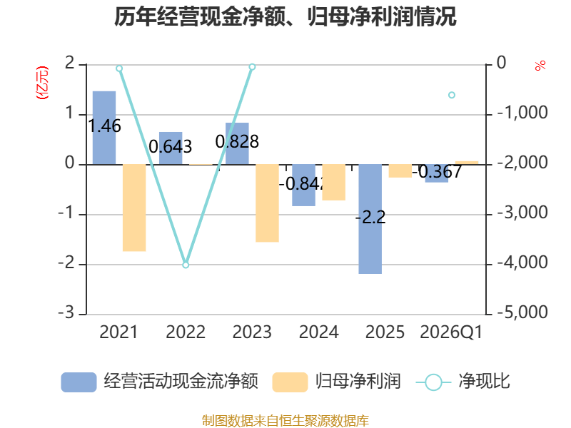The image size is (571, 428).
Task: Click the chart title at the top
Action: pos(285,16)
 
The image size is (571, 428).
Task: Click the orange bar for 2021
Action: pos(134,208)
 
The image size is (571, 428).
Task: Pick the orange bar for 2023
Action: pos(267,203)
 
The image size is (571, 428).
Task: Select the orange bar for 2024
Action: pos(333,182)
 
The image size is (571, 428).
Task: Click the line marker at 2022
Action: pos(186,265)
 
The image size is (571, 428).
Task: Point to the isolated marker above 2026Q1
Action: pos(452,95)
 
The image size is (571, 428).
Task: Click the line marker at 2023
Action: pos(252,66)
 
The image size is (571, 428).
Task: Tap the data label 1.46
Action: pos(104,127)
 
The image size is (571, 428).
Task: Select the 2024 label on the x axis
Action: pos(318,332)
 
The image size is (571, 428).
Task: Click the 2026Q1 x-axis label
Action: pos(451,332)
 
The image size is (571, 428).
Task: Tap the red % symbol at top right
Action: pos(540,66)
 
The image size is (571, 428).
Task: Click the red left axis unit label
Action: pos(41,82)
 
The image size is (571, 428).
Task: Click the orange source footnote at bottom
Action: pos(285,420)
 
